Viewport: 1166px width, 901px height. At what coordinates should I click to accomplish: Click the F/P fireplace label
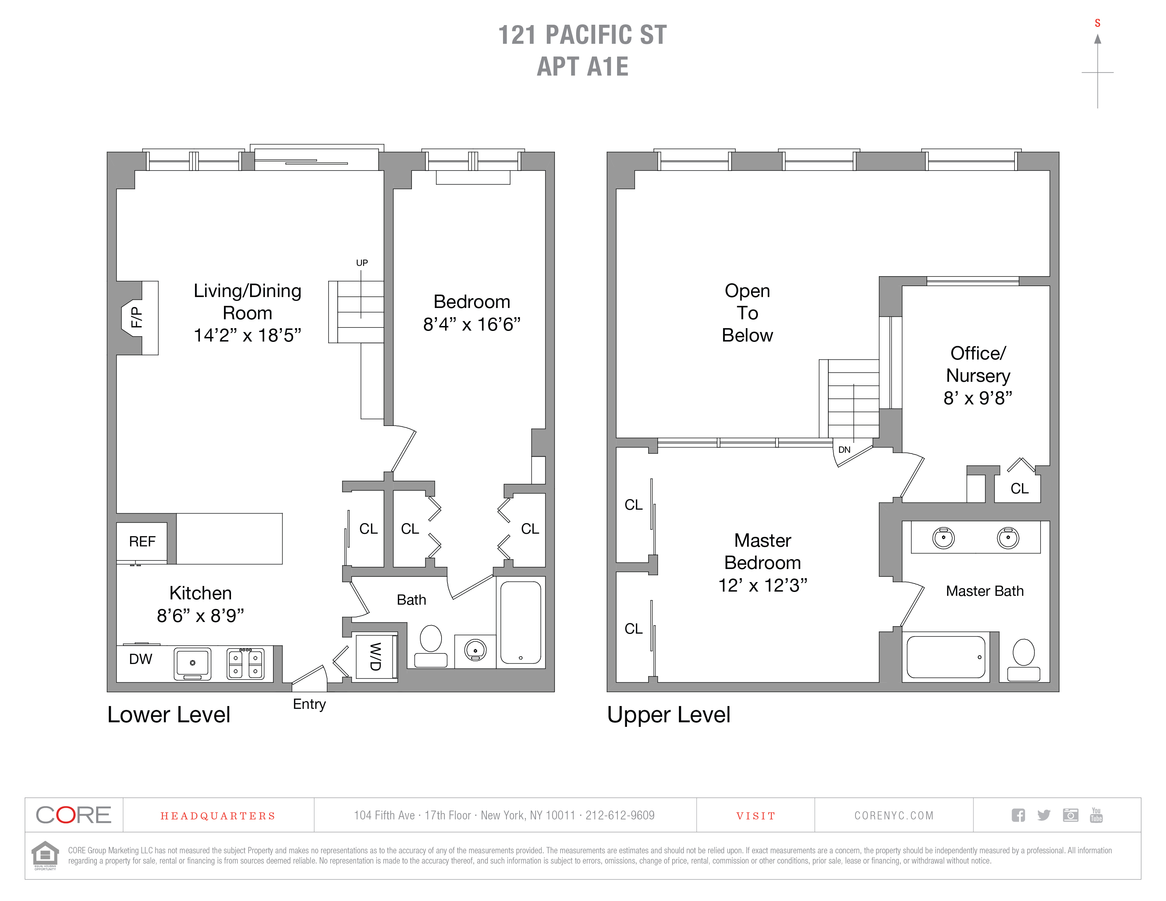pos(137,317)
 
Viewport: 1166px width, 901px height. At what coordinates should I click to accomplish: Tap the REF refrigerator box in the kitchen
pos(142,542)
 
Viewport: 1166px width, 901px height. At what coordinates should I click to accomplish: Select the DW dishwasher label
pos(141,659)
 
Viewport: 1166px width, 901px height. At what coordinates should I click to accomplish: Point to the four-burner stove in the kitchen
pos(245,663)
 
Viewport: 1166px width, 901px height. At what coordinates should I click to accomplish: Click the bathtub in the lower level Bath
pos(521,622)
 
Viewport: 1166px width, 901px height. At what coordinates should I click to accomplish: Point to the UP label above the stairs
pos(362,263)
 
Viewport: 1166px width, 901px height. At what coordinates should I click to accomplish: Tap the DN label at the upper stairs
pos(844,449)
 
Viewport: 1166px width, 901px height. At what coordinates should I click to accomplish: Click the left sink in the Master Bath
pos(943,538)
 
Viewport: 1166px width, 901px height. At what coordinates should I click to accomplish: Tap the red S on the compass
pos(1098,23)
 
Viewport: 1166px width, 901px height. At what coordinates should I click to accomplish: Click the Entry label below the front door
pos(309,704)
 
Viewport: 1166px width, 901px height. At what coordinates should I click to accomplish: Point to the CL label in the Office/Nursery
pos(1020,488)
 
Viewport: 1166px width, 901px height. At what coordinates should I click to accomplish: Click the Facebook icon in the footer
pos(1018,815)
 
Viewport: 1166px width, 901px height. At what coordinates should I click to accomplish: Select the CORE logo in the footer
pos(74,815)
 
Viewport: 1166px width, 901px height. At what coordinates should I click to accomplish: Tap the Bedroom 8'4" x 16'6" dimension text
pos(472,324)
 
